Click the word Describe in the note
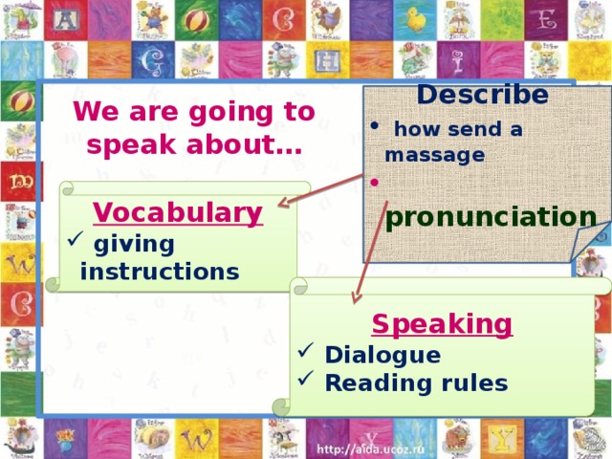coord(482,95)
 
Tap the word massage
coord(435,155)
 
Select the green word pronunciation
coord(491,217)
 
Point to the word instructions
coord(160,272)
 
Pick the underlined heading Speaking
coord(442,324)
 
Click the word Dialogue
coord(382,356)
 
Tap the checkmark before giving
coord(76,238)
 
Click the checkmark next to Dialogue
coord(306,350)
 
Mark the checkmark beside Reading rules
coord(306,378)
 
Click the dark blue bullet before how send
coord(374,125)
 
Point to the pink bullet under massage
coord(374,182)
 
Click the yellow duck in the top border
coord(415,19)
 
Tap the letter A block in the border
coord(66,19)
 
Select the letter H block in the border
coord(328,60)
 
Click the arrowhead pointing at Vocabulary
coord(283,202)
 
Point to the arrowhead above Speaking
coord(356,297)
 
